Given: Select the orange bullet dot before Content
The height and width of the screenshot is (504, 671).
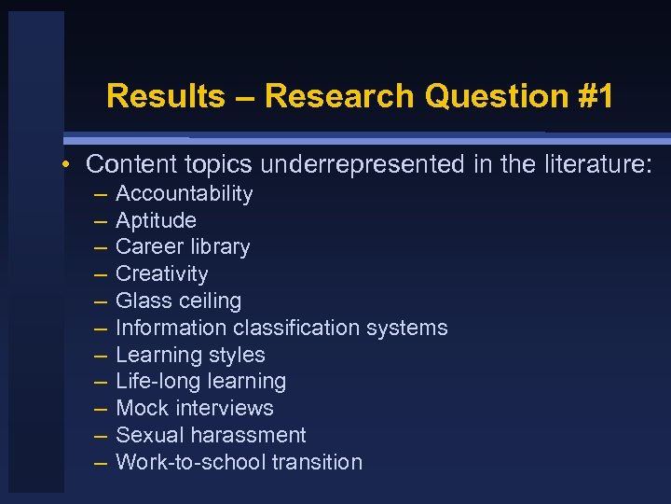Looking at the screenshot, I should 68,165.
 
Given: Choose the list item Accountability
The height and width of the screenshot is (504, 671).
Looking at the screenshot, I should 184,194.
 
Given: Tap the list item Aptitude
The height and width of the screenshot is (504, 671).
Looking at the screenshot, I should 156,220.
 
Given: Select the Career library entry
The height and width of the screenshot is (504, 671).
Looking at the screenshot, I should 183,247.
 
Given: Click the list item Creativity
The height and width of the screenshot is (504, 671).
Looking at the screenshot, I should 161,274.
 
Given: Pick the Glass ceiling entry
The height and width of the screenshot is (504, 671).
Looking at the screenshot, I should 178,301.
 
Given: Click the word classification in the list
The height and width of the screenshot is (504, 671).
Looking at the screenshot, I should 305,328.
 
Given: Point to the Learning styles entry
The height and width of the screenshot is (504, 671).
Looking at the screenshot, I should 190,355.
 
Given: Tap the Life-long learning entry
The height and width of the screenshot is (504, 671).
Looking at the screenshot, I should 200,382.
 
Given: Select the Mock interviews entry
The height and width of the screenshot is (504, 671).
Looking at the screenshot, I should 194,409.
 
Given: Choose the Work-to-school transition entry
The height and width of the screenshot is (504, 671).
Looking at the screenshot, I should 239,462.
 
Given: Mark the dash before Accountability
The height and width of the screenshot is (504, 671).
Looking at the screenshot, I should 100,194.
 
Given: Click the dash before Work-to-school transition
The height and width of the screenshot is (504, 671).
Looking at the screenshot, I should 100,462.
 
